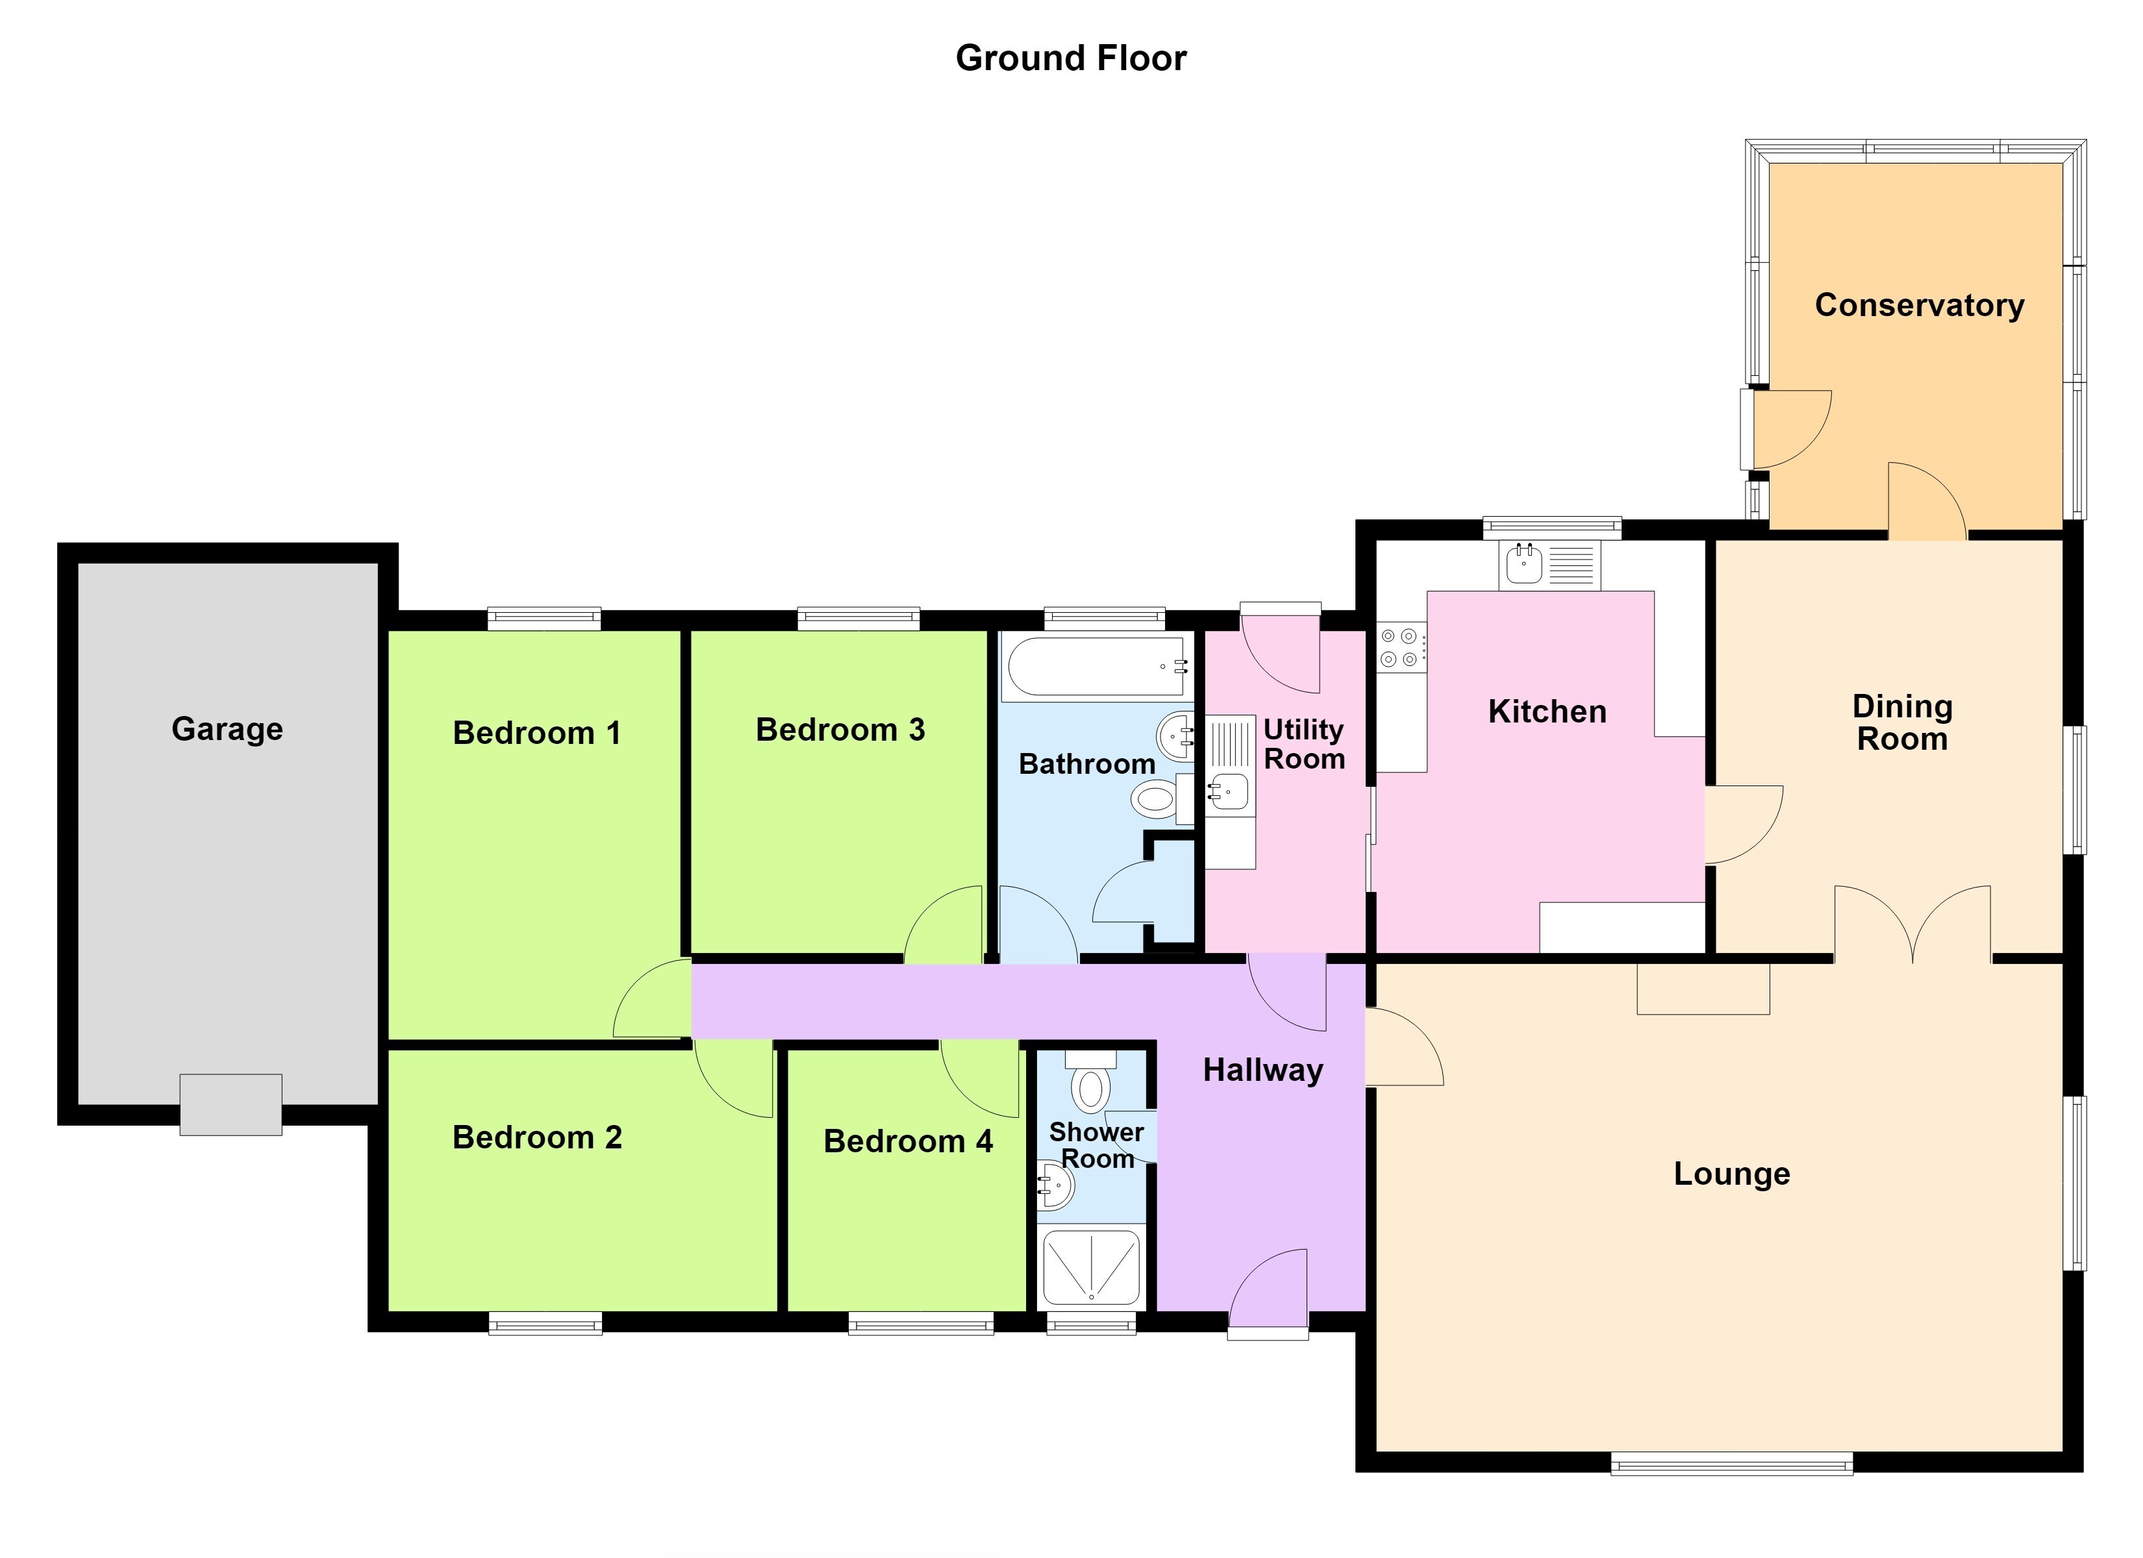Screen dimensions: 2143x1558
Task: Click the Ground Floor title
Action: (x=1071, y=58)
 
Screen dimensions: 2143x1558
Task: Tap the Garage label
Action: (x=227, y=728)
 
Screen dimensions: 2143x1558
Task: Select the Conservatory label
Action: (x=1919, y=304)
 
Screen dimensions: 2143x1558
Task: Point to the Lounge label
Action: (x=1731, y=1174)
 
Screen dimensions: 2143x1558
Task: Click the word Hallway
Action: (x=1262, y=1070)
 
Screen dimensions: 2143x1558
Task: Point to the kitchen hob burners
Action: (x=1400, y=647)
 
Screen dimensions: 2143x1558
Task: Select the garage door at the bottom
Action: (x=231, y=1104)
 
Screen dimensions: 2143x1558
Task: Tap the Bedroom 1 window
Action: (x=544, y=619)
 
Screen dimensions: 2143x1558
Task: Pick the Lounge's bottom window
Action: (x=1731, y=1463)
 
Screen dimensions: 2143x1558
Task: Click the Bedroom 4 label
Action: (x=908, y=1141)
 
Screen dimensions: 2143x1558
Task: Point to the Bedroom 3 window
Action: (x=858, y=619)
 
